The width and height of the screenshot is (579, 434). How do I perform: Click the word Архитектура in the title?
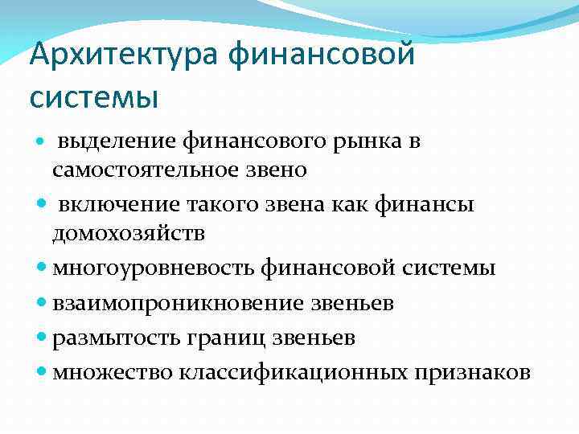tap(125, 56)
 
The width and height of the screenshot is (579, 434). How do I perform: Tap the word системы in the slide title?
tap(94, 97)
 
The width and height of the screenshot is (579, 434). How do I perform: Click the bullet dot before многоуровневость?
tap(43, 268)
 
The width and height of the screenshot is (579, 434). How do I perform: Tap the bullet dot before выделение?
tap(43, 142)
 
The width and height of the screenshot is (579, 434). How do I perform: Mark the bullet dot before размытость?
tap(43, 338)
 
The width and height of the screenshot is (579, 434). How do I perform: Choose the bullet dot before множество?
tap(43, 373)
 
